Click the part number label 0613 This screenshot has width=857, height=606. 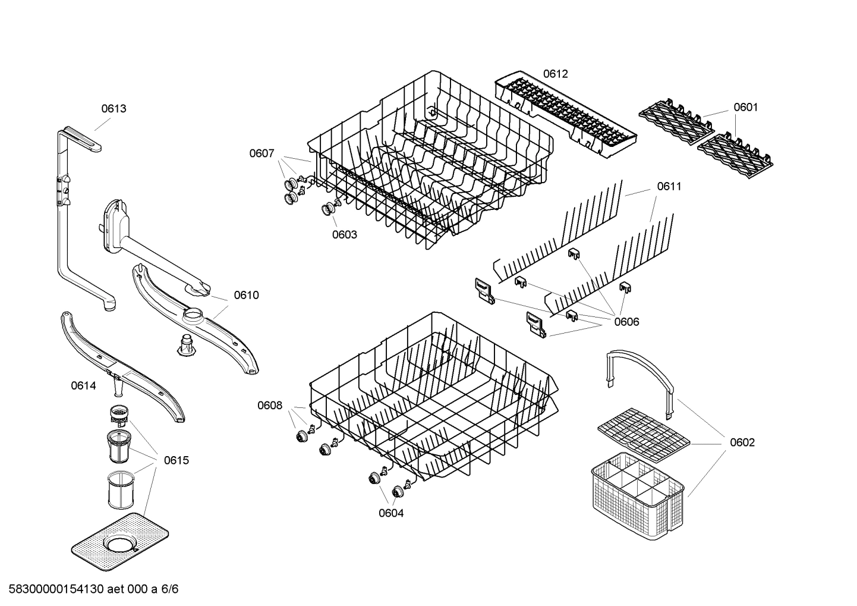click(x=114, y=109)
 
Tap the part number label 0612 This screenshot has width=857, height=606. click(x=555, y=74)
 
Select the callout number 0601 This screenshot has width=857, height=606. click(x=745, y=107)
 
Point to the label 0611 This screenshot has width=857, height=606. click(x=669, y=186)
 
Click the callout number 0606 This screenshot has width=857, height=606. click(x=626, y=322)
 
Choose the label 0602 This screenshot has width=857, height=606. click(x=742, y=442)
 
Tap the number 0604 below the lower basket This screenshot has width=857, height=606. click(x=391, y=513)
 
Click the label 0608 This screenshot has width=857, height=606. click(x=270, y=406)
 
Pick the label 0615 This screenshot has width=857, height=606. click(x=177, y=460)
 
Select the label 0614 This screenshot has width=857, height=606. click(x=83, y=385)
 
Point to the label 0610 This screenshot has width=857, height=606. click(x=246, y=295)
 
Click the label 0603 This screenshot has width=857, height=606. click(x=345, y=234)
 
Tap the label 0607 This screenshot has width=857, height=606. click(x=261, y=153)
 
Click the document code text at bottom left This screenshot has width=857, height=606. click(x=90, y=589)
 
